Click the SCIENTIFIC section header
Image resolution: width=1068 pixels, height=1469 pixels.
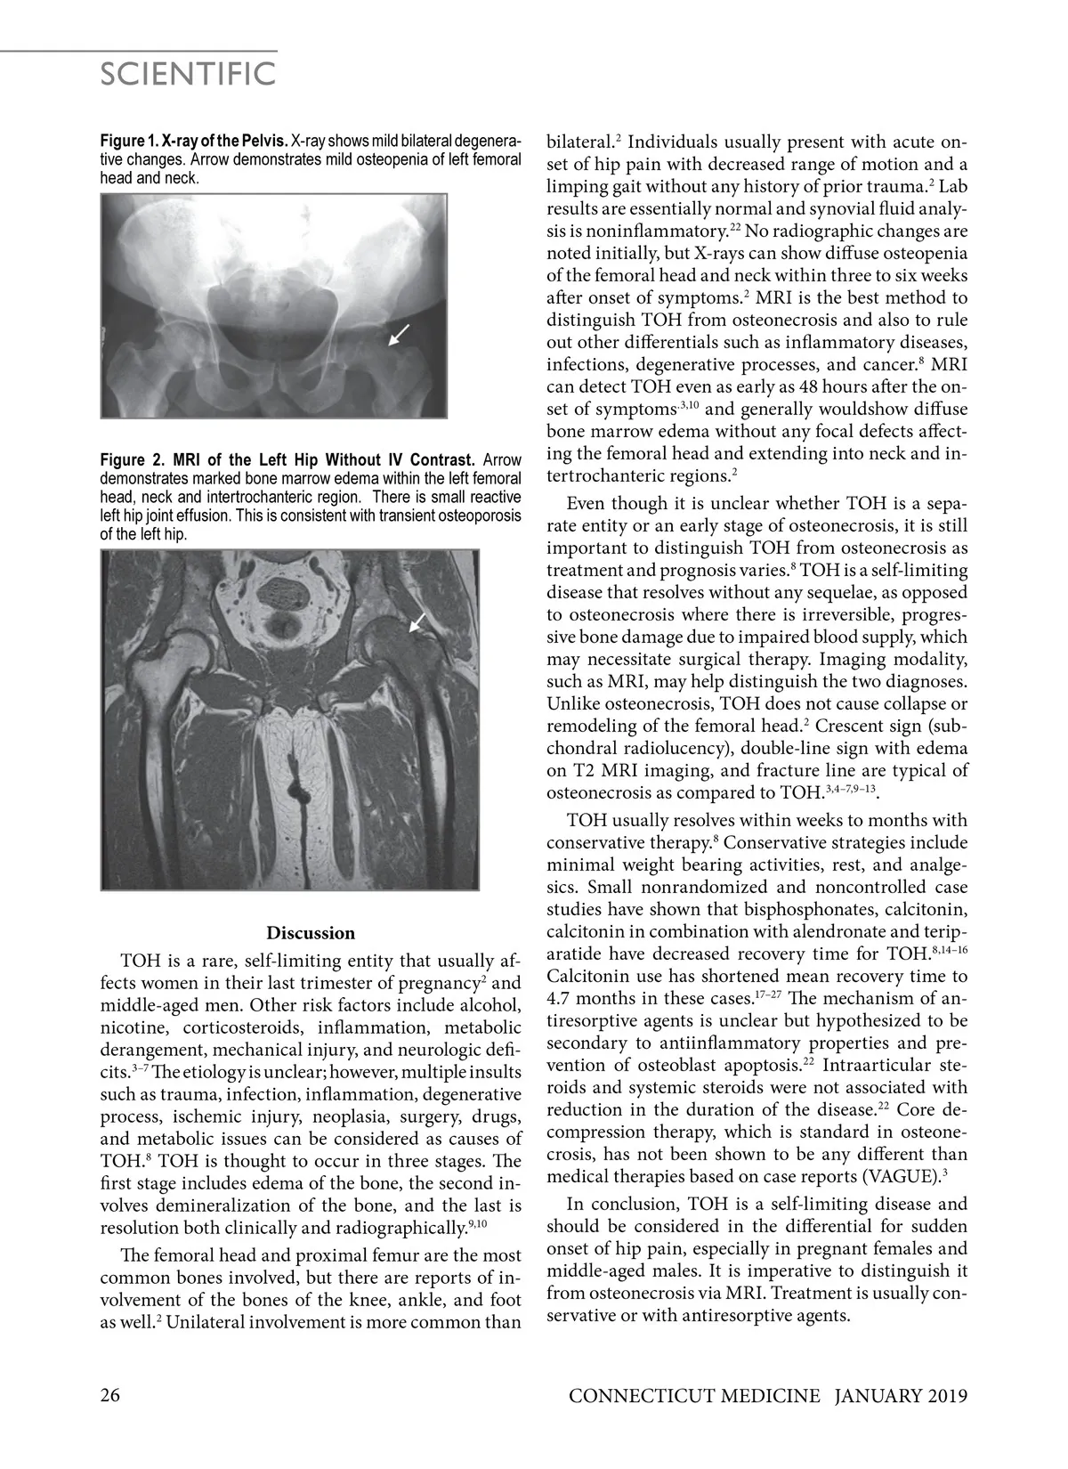pos(188,74)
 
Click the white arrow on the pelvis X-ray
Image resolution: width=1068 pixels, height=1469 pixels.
pos(400,334)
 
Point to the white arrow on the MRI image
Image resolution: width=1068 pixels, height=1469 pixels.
pos(417,622)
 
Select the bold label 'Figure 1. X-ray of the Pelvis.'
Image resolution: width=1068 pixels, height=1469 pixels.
pos(194,142)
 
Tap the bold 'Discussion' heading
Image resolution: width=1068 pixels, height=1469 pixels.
pos(311,933)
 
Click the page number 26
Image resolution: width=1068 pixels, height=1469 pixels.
pos(110,1395)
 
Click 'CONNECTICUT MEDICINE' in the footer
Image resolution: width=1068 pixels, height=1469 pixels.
pos(694,1396)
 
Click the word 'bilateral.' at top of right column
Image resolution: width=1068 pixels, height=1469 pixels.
pos(581,142)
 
